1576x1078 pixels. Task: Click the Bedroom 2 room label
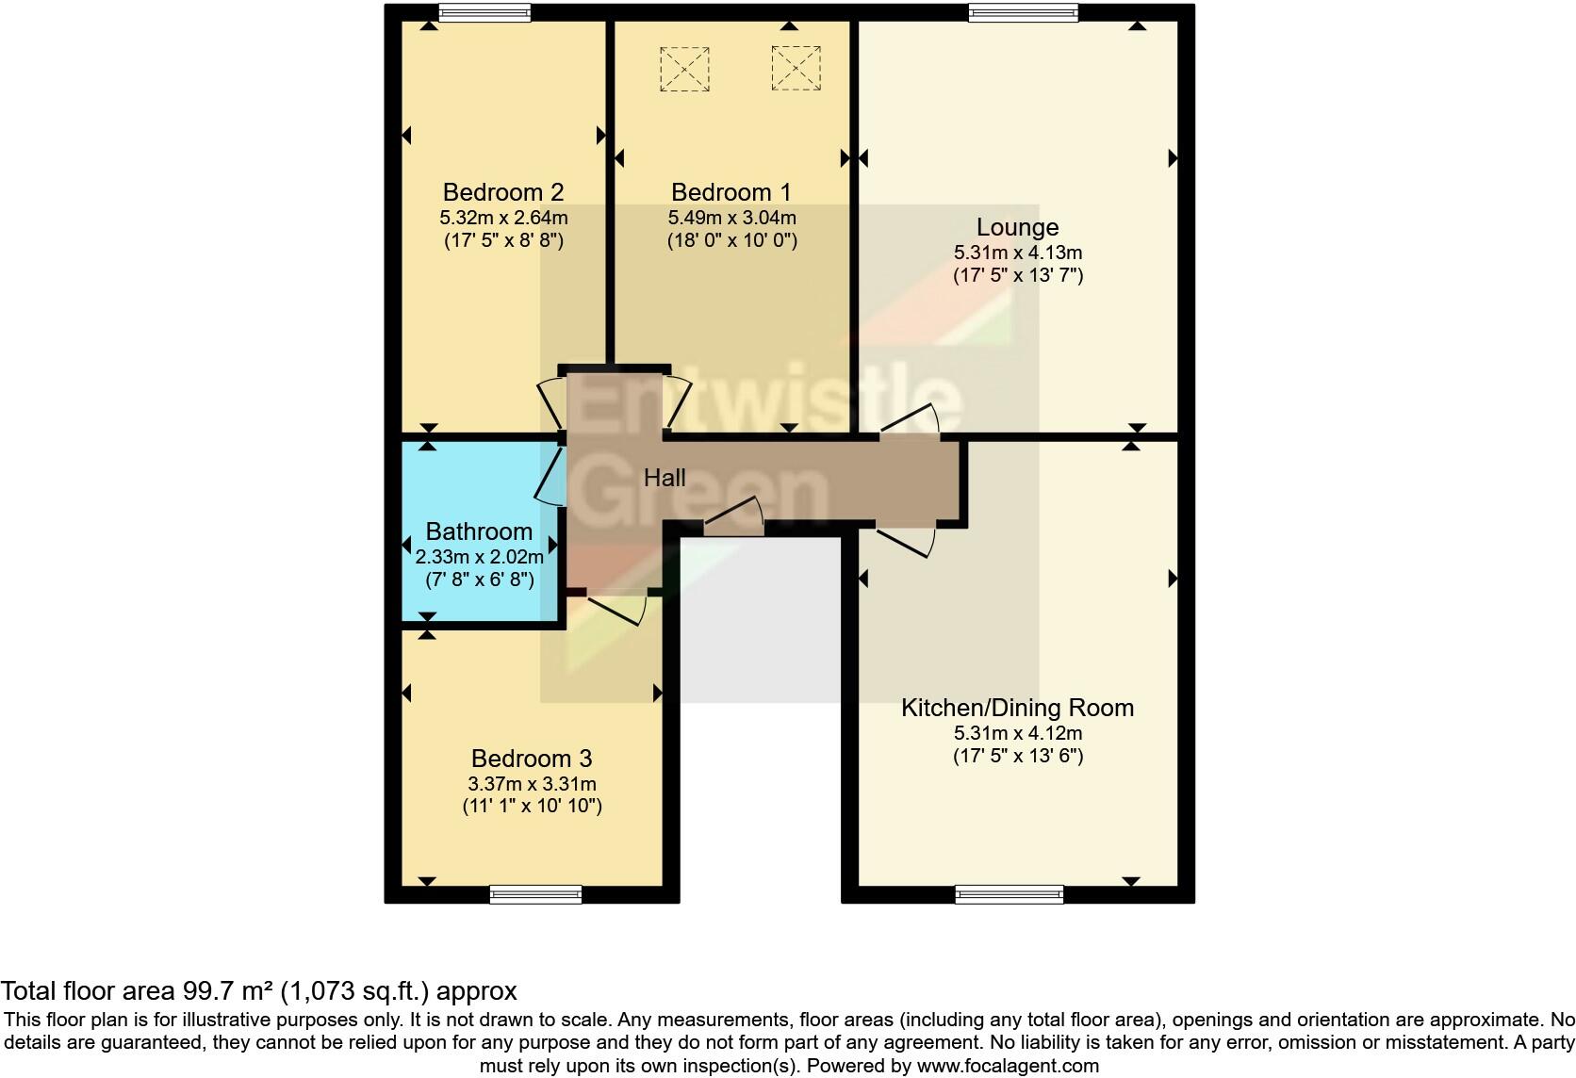502,192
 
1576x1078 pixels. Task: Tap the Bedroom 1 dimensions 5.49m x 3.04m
731,218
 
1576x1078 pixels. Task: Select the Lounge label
1017,227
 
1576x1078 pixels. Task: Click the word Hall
665,478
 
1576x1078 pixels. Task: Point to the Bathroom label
479,531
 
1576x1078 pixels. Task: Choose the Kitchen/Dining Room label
1017,708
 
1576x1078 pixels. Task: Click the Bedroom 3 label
532,759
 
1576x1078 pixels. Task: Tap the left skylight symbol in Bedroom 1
684,68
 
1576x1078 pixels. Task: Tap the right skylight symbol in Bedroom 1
796,68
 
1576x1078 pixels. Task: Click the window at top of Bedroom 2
484,12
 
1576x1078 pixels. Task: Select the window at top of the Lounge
1023,12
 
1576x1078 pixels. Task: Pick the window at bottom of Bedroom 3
535,894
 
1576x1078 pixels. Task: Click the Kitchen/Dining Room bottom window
1010,894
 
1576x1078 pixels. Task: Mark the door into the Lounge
911,420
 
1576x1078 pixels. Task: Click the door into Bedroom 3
616,608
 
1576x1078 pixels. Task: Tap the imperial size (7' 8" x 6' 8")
479,580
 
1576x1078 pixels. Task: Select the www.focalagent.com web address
1007,1066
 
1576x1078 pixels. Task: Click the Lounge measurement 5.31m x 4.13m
1017,253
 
